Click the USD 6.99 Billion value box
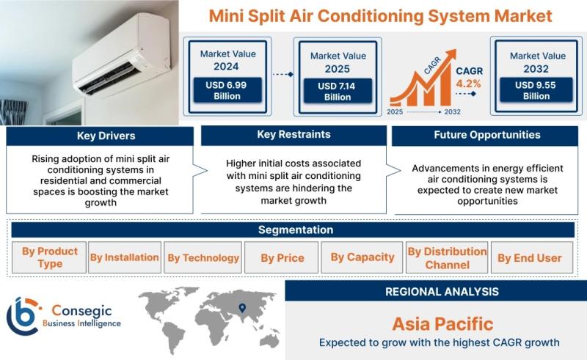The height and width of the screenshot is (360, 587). tap(227, 90)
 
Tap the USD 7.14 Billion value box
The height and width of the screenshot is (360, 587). tap(338, 91)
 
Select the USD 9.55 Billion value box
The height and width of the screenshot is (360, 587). tap(536, 89)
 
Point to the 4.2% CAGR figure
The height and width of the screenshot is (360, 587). tap(468, 84)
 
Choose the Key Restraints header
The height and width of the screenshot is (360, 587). tap(294, 135)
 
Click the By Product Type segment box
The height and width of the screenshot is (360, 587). tap(49, 257)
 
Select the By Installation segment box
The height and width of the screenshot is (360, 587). tap(125, 257)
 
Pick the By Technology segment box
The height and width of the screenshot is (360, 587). tap(203, 257)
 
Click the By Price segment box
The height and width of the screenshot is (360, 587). tap(282, 257)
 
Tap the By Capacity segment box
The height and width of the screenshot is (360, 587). tap(362, 257)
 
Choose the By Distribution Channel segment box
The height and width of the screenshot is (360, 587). tap(447, 257)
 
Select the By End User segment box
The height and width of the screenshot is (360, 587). tap(532, 257)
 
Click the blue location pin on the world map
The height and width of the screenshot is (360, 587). tap(243, 308)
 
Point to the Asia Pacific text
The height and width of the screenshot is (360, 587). tap(443, 323)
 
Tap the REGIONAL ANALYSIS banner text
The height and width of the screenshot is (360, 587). tap(442, 292)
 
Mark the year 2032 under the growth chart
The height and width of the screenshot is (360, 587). tap(452, 111)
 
